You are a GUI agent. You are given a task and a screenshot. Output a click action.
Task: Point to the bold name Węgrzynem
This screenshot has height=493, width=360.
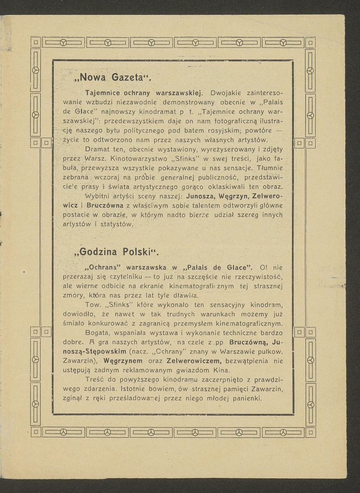coord(123,361)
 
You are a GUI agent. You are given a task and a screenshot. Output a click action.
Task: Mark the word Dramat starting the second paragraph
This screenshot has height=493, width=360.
coord(97,149)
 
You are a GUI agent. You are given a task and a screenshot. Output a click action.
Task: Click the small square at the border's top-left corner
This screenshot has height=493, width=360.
coord(35,42)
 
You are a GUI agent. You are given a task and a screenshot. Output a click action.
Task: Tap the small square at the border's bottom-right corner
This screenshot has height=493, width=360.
coord(311,432)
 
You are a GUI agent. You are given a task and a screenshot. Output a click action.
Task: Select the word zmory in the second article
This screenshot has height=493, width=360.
coord(72,295)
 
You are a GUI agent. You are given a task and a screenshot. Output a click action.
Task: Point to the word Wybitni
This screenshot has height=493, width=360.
coord(97,196)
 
